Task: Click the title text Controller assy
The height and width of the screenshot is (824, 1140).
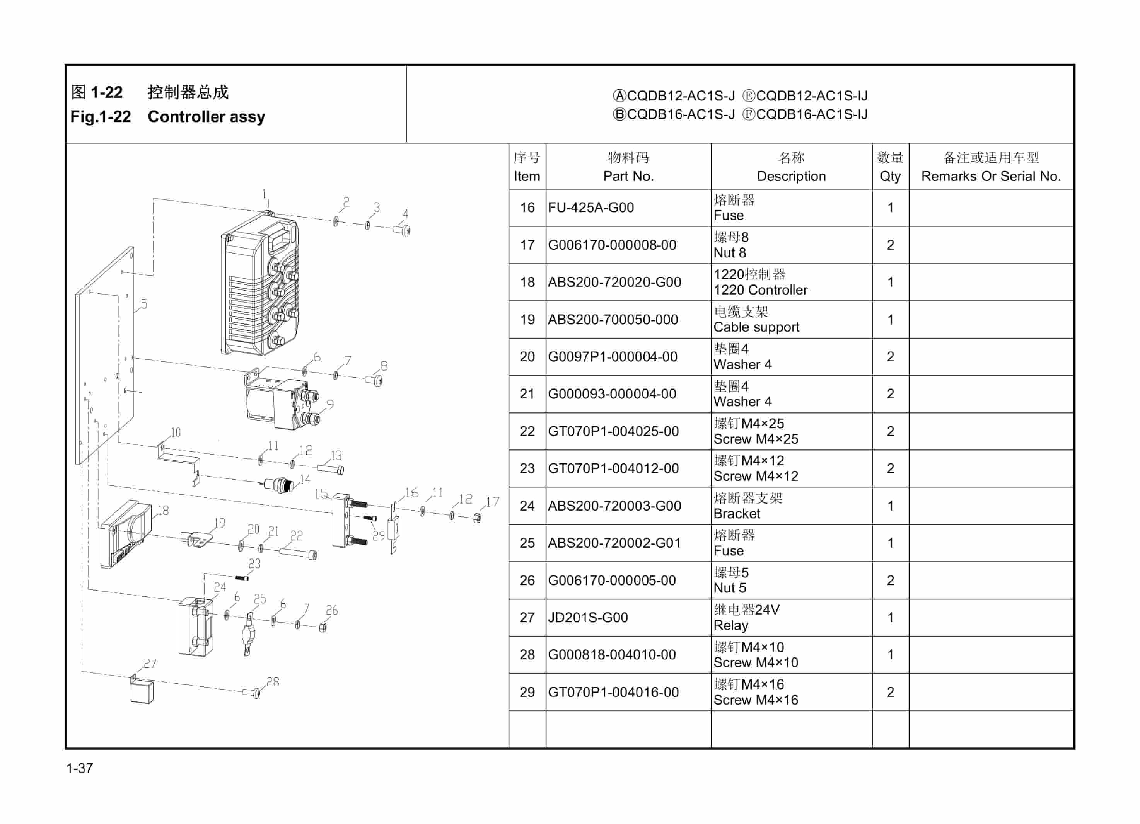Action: coord(206,117)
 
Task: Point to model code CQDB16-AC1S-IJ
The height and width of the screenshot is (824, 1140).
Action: coord(811,114)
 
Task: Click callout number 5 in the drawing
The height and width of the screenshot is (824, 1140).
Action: coord(144,304)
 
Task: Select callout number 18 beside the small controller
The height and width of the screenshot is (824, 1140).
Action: coord(163,511)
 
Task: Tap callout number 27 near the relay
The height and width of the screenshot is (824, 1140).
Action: coord(150,663)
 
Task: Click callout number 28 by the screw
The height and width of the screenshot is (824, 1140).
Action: coord(273,682)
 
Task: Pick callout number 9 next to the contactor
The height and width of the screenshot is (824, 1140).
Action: coord(330,404)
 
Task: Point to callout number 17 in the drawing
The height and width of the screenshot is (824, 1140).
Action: coord(493,501)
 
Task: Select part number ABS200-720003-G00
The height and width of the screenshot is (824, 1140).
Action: coord(614,506)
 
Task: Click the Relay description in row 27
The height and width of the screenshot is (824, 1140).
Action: coord(730,625)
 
